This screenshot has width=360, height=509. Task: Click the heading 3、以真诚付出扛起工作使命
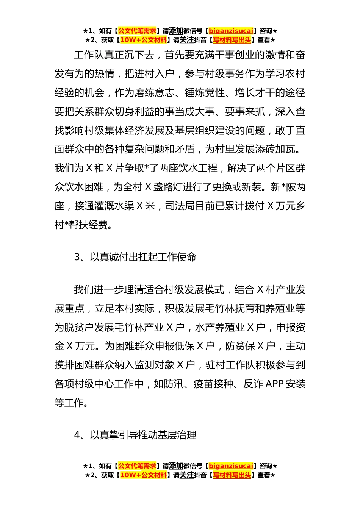135,257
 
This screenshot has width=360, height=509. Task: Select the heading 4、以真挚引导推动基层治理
135,435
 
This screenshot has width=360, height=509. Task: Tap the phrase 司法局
180,206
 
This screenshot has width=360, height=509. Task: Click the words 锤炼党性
205,92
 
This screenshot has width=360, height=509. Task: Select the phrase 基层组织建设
205,130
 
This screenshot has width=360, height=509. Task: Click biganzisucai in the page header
231,31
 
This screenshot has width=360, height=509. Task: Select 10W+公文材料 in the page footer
143,475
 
